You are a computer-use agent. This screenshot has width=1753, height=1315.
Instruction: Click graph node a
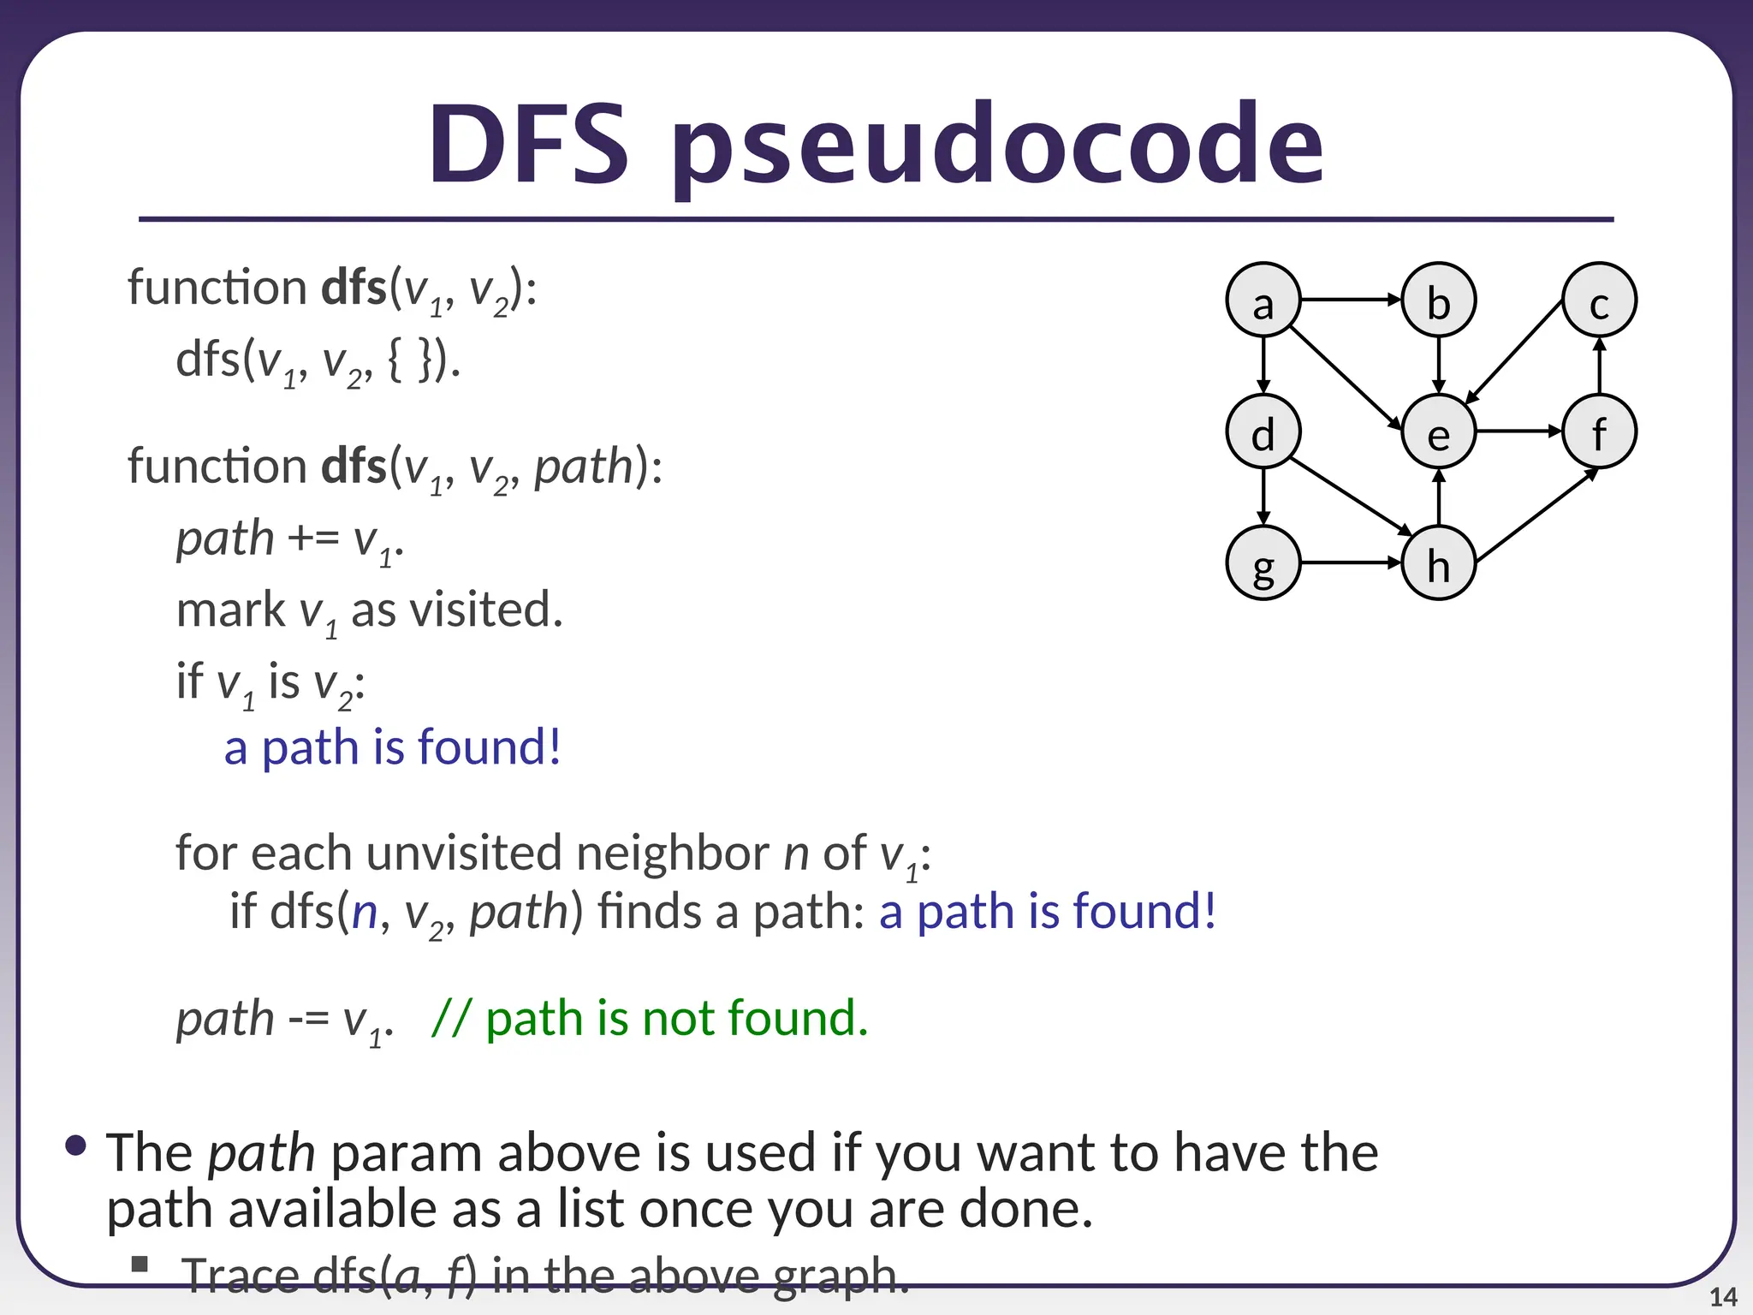coord(1263,300)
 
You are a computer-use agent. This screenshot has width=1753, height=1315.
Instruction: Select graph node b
coord(1438,300)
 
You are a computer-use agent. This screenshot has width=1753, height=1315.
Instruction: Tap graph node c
coord(1599,300)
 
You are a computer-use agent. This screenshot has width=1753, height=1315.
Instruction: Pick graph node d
coord(1263,432)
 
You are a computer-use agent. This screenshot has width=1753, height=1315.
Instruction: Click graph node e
coord(1438,432)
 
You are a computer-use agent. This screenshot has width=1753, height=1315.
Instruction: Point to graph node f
coord(1599,432)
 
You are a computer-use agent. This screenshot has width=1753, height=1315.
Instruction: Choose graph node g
coord(1263,563)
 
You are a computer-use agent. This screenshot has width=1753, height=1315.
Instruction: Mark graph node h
coord(1438,563)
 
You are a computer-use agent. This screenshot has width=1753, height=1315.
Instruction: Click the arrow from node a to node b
coord(1351,300)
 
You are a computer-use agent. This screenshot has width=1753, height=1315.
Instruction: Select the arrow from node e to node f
coord(1518,432)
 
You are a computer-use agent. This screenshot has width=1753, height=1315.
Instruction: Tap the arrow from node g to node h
coord(1351,563)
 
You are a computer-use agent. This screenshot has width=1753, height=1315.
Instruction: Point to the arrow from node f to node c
coord(1599,366)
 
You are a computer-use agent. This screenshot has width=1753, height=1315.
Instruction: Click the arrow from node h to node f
coord(1536,516)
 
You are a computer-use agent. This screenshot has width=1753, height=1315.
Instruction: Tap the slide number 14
coord(1722,1297)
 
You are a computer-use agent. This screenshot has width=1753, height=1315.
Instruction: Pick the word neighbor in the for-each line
coord(672,853)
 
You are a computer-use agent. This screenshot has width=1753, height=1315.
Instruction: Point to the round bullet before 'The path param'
coord(76,1145)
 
